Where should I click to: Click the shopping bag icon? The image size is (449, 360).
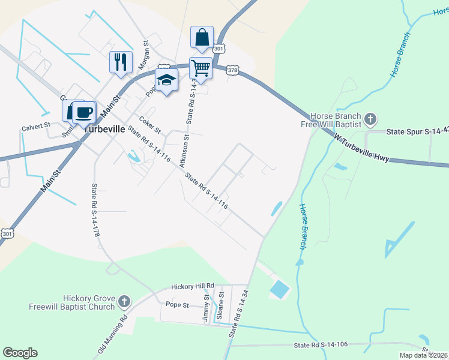point(202,37)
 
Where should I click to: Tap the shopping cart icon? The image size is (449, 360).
point(200,67)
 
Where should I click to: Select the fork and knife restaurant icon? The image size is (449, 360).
point(121,61)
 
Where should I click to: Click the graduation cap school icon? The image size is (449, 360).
point(166,79)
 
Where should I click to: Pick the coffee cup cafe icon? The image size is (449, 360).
point(85,111)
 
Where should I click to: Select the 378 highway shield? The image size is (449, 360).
point(233,70)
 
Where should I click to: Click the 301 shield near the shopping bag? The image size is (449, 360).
point(219,48)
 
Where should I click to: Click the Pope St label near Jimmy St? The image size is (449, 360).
point(177,305)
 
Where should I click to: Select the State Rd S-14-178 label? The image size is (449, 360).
point(95,209)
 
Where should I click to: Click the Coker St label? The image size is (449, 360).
point(150,125)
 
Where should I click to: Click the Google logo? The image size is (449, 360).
point(20,353)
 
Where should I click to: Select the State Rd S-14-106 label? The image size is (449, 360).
point(321,345)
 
